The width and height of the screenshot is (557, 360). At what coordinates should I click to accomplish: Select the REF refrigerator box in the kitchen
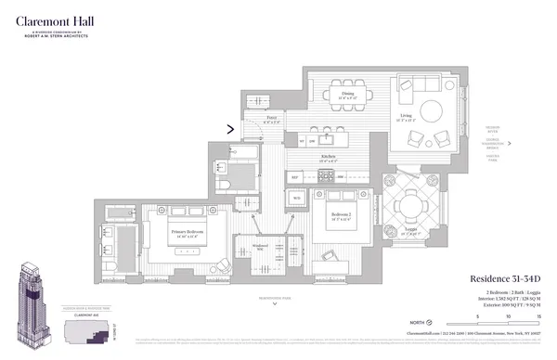click(295, 176)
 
